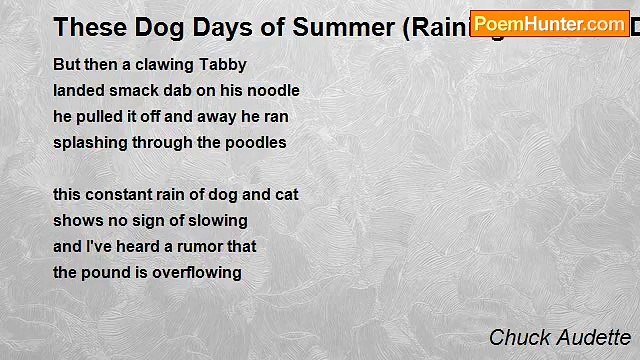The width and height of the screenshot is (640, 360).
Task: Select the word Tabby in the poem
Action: [222, 64]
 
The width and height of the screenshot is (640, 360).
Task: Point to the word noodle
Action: [272, 90]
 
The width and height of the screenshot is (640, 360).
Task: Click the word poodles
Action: [254, 142]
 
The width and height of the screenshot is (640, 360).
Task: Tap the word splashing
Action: [91, 142]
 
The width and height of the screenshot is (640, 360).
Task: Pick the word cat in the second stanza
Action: [285, 194]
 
